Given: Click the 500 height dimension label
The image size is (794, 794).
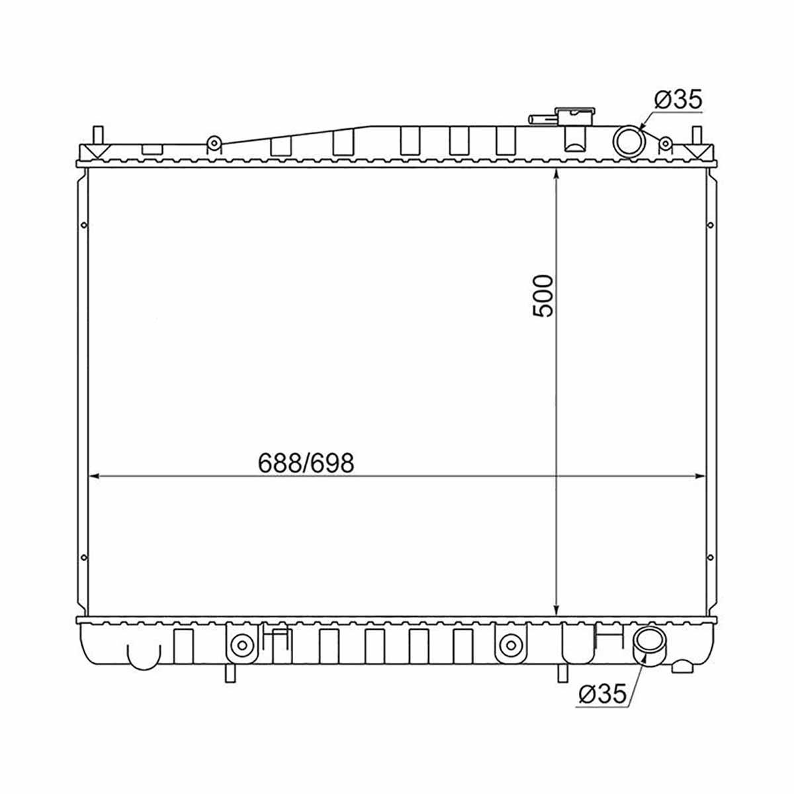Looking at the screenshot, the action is tap(542, 296).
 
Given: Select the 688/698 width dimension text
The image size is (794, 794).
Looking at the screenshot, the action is tap(306, 463).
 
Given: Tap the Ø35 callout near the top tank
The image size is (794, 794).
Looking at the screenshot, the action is tap(678, 100).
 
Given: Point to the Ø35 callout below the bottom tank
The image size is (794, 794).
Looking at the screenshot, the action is tap(602, 694).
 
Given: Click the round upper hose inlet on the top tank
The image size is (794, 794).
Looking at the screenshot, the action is tap(628, 142).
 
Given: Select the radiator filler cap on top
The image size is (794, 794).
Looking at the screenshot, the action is tap(575, 116).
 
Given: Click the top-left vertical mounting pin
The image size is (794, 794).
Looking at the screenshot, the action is tap(98, 136).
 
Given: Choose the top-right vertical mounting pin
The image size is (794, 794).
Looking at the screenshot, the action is tap(696, 136).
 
